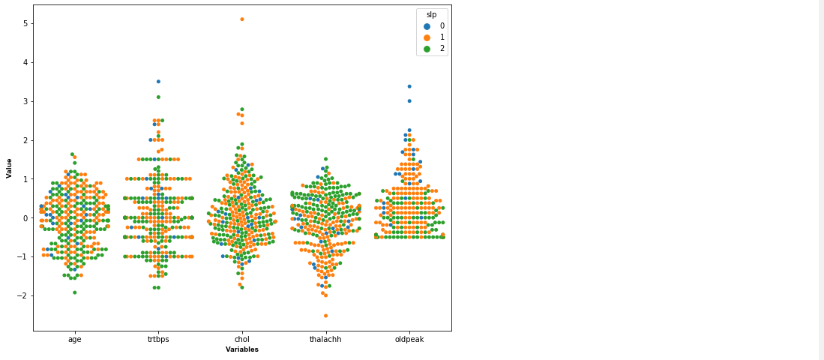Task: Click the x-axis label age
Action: tap(75, 339)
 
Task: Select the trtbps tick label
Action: tap(158, 339)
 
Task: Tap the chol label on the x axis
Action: tap(242, 339)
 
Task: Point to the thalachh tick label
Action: tap(325, 339)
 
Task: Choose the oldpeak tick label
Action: tap(409, 339)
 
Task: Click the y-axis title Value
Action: tap(9, 168)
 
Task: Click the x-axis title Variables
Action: tap(242, 349)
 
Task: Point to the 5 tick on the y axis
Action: tap(25, 24)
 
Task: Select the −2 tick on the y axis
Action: tap(23, 295)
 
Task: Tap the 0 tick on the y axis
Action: tap(25, 218)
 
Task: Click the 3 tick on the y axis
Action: tap(25, 101)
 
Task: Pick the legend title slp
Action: tap(432, 15)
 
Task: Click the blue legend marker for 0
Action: tap(427, 26)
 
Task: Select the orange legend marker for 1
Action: tap(427, 37)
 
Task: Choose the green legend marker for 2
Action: tap(427, 49)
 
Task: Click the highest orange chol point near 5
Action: tap(241, 19)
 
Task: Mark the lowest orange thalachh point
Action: tap(325, 316)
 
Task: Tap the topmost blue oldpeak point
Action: tap(409, 86)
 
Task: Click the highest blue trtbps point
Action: tap(158, 81)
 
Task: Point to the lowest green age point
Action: tap(75, 292)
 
